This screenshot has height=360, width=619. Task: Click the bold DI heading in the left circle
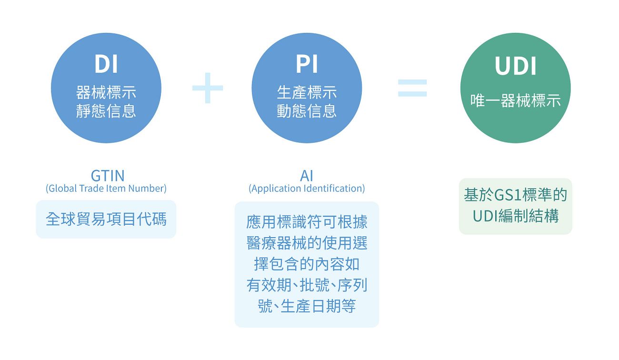pos(106,64)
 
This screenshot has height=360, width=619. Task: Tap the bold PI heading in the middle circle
pos(307,64)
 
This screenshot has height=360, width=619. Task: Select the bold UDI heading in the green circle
pos(515,66)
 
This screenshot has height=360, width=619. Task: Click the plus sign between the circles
pos(208,88)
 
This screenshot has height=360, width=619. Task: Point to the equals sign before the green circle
pos(412,88)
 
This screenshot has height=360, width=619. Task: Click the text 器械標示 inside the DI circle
pos(106,92)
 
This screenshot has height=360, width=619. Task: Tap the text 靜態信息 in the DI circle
pos(106,111)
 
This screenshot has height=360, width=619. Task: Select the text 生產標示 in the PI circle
pos(307,92)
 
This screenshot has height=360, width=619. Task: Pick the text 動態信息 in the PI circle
pos(307,111)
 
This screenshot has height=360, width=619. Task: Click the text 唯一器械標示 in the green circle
pos(516,100)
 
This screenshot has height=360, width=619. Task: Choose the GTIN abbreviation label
pos(108,176)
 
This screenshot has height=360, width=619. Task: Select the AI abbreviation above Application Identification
pos(307,176)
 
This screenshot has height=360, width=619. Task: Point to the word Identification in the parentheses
pos(333,189)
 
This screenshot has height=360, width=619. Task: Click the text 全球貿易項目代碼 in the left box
pos(106,219)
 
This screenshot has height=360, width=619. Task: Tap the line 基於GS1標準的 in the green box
pos(516,195)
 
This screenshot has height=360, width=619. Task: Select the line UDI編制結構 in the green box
pos(516,216)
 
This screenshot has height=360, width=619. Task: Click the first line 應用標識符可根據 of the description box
pos(307,222)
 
